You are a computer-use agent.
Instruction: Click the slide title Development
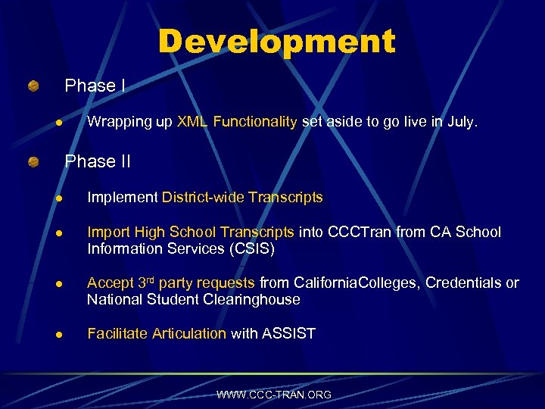coord(276,42)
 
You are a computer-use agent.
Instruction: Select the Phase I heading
coord(95,86)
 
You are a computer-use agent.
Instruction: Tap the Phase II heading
coord(98,161)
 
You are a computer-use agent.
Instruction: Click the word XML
coord(193,122)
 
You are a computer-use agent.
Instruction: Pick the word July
coord(461,122)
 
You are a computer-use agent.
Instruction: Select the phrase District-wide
coord(202,198)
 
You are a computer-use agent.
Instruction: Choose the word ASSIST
coord(289,334)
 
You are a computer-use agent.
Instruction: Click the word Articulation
coord(189,334)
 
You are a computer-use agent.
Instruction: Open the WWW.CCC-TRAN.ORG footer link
coord(273,395)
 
